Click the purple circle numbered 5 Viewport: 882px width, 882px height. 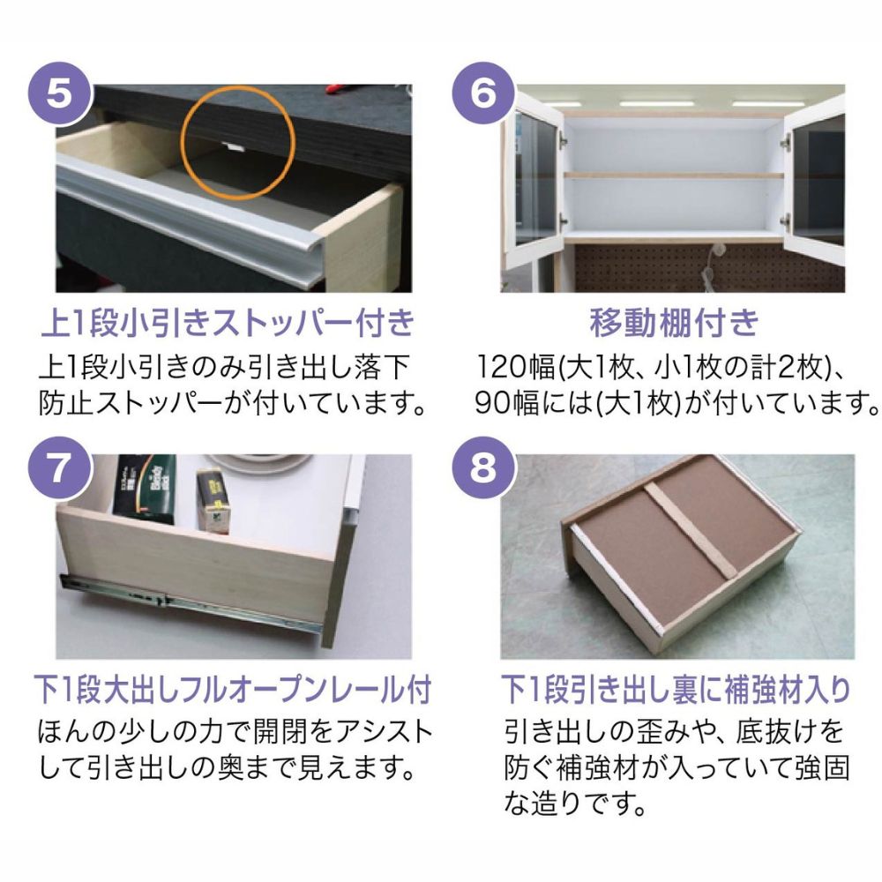click(x=60, y=94)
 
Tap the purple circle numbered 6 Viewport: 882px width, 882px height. click(x=483, y=94)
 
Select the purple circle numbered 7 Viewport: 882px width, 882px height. click(x=60, y=468)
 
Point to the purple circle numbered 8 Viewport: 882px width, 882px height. click(x=483, y=468)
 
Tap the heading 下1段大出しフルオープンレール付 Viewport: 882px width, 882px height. click(x=232, y=690)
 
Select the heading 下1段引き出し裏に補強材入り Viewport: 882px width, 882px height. click(x=676, y=690)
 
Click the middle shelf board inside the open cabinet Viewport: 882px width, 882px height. click(x=674, y=176)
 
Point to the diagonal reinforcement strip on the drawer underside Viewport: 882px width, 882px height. click(x=691, y=530)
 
